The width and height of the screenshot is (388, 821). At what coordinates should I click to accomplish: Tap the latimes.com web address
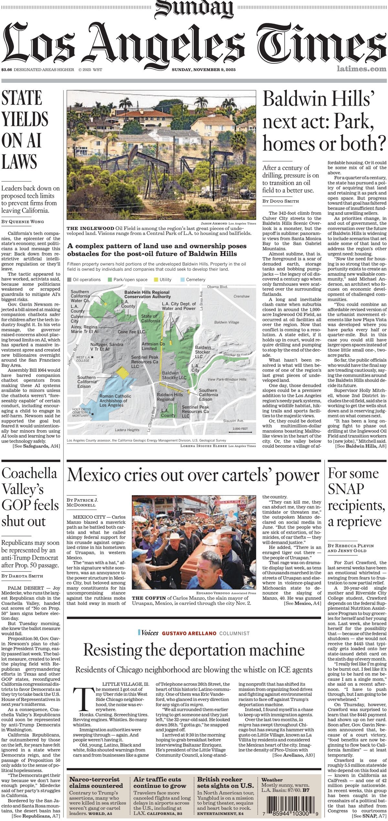point(361,69)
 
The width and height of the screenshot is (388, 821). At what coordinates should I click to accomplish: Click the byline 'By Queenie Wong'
point(23,222)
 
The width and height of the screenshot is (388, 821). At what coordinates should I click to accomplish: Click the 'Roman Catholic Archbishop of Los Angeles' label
point(115,400)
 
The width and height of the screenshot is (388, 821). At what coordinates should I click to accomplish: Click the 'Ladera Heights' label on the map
point(127,430)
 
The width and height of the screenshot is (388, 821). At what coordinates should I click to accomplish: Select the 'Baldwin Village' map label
point(226,322)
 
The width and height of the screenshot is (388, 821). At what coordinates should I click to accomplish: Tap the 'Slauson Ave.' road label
point(233,421)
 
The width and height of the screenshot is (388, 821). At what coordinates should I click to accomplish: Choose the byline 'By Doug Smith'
point(280,201)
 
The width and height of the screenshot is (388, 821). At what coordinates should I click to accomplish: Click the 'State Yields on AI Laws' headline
point(25,129)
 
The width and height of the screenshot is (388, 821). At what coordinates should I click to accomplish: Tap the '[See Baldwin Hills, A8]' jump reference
point(361,446)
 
